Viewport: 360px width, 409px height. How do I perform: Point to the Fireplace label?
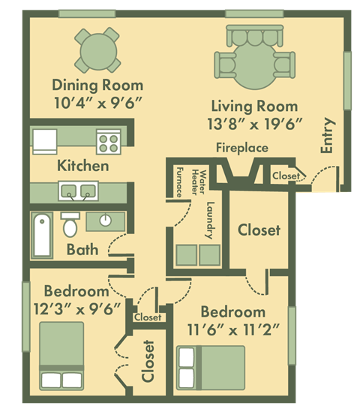[241, 148]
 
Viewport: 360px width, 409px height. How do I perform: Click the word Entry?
[328, 136]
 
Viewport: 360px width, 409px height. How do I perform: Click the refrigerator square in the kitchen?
[44, 140]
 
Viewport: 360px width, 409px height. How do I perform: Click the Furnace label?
[180, 182]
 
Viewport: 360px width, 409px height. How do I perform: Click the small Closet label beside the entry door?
[286, 176]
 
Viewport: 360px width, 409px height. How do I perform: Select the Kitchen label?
[82, 166]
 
